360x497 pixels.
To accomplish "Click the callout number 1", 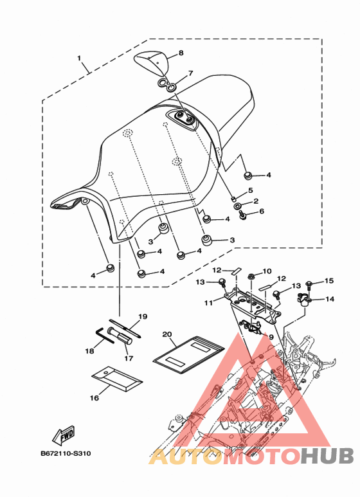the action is tap(79, 59).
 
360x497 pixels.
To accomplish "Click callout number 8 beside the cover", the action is tap(181, 53).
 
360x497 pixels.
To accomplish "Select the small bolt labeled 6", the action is tap(244, 215).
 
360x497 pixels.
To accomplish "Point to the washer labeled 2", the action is tap(237, 206).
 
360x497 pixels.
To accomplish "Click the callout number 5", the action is tap(250, 190).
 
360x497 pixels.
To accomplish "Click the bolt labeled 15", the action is tap(310, 284).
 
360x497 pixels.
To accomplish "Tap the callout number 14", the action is tap(330, 298).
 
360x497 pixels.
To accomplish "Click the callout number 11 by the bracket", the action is tap(208, 303).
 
